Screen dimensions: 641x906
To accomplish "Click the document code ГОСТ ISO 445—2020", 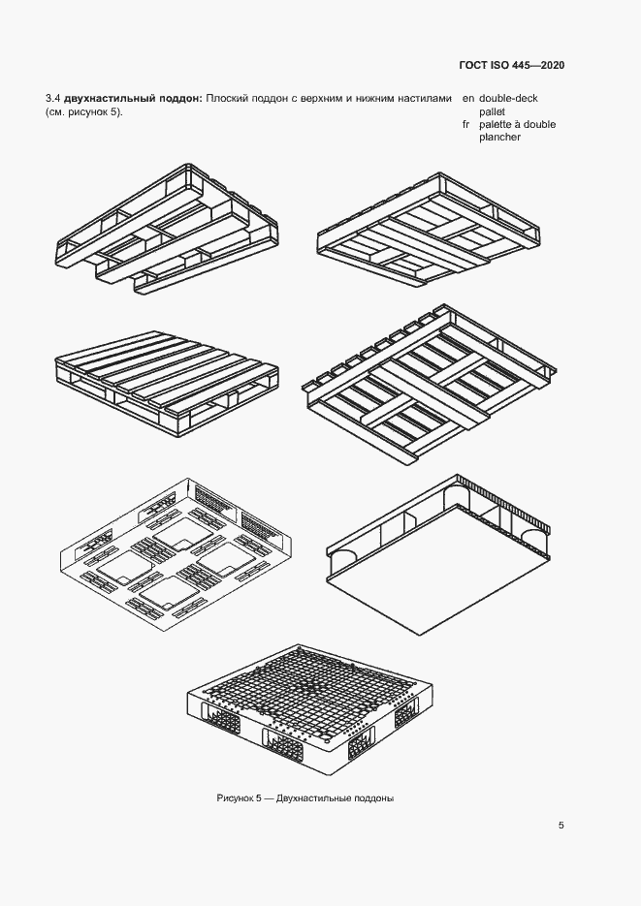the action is coord(511,65).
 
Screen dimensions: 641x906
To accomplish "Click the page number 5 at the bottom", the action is coord(561,826).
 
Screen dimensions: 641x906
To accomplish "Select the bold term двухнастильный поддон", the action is coord(133,98).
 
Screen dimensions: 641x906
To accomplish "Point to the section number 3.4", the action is coord(52,98).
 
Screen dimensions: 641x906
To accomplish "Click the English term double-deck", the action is coord(508,98).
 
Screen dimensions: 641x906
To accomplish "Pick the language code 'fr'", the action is coord(465,124).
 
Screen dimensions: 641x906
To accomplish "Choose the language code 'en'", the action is coord(468,98).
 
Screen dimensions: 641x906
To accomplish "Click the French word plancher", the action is coord(499,138).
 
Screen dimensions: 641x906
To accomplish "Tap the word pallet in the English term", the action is coord(492,111).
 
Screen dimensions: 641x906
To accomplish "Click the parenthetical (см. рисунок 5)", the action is coord(83,112).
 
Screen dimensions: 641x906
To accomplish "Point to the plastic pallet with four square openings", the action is coord(176,554).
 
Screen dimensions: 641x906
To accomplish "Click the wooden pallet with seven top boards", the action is coord(167,385).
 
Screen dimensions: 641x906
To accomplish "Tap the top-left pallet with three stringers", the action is coord(167,229).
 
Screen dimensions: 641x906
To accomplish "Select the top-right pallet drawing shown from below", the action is coord(429,229).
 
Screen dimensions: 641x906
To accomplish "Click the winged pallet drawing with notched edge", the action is coord(429,385).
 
